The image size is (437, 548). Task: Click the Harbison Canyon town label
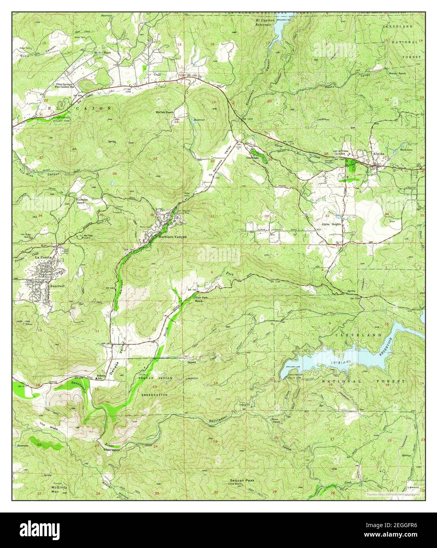pos(172,237)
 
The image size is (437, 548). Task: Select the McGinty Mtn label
pos(59,488)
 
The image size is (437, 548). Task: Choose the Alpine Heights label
pos(331,224)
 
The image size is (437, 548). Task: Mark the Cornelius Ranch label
pos(82,201)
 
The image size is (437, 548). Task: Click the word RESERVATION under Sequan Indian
pos(155,395)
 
